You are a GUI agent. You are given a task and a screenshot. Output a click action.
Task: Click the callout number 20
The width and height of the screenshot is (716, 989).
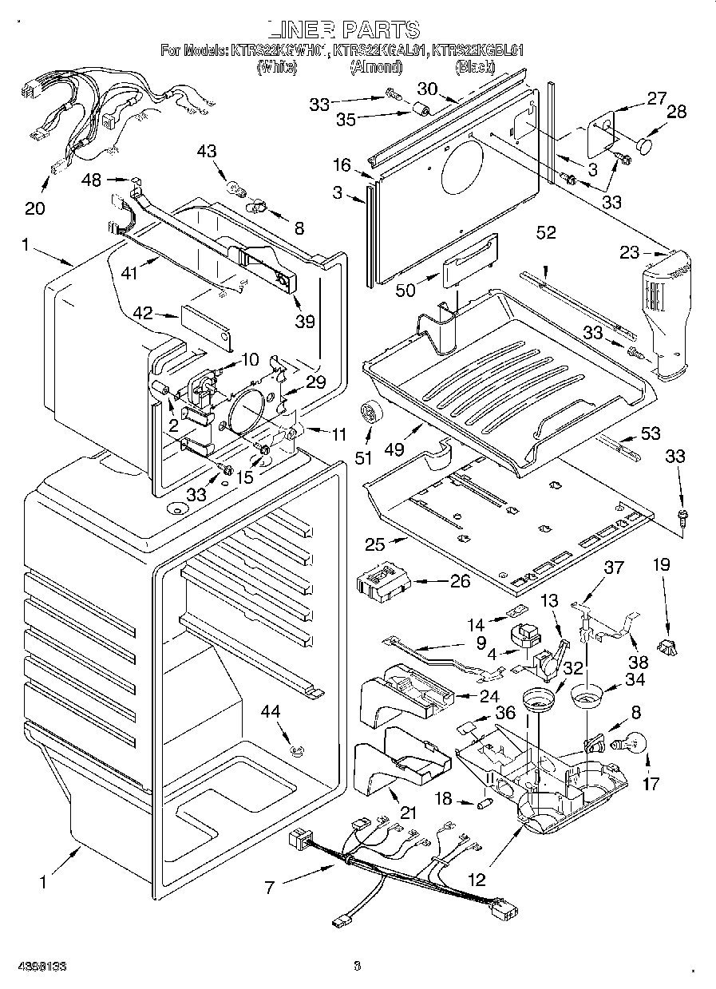pyautogui.click(x=35, y=209)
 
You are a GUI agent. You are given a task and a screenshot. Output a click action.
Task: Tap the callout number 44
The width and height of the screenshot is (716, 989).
pyautogui.click(x=274, y=711)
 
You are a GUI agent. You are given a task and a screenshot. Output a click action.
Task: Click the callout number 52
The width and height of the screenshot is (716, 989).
pyautogui.click(x=546, y=233)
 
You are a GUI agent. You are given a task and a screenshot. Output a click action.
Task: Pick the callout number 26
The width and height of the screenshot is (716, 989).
pyautogui.click(x=460, y=581)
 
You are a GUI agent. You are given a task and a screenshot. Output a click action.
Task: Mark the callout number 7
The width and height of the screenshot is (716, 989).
pyautogui.click(x=270, y=888)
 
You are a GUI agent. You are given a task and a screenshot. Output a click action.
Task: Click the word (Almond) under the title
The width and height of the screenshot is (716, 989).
pyautogui.click(x=368, y=68)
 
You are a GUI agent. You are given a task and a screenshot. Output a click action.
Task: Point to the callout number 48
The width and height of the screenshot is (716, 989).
pyautogui.click(x=92, y=180)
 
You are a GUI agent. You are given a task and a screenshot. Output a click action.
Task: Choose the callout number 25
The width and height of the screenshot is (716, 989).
pyautogui.click(x=375, y=545)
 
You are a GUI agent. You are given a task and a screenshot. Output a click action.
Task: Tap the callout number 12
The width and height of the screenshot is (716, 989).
pyautogui.click(x=476, y=881)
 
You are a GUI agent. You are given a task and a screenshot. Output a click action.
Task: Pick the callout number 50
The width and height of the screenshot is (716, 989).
pyautogui.click(x=405, y=290)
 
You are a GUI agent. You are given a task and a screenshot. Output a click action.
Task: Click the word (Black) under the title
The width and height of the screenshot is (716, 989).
pyautogui.click(x=476, y=68)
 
